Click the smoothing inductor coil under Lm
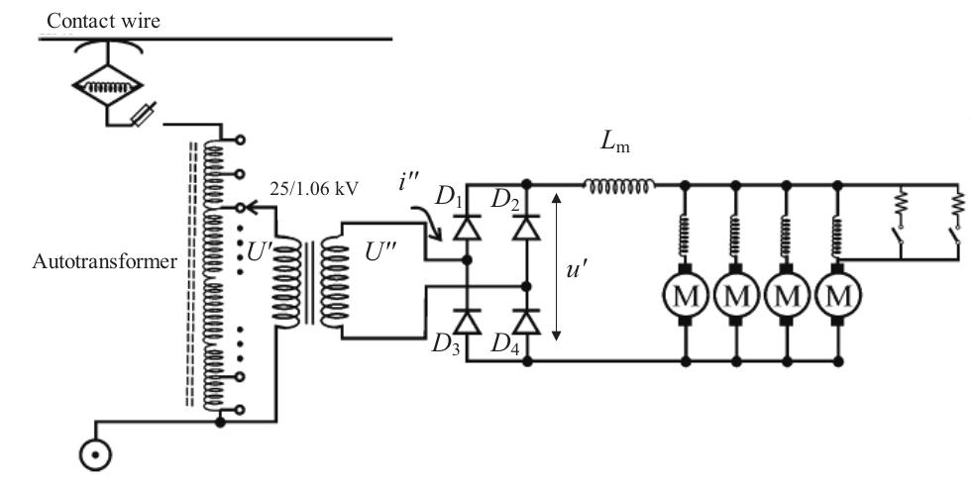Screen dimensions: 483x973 point(619,184)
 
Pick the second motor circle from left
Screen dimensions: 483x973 point(736,295)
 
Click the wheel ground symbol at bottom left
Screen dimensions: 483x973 point(95,455)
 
